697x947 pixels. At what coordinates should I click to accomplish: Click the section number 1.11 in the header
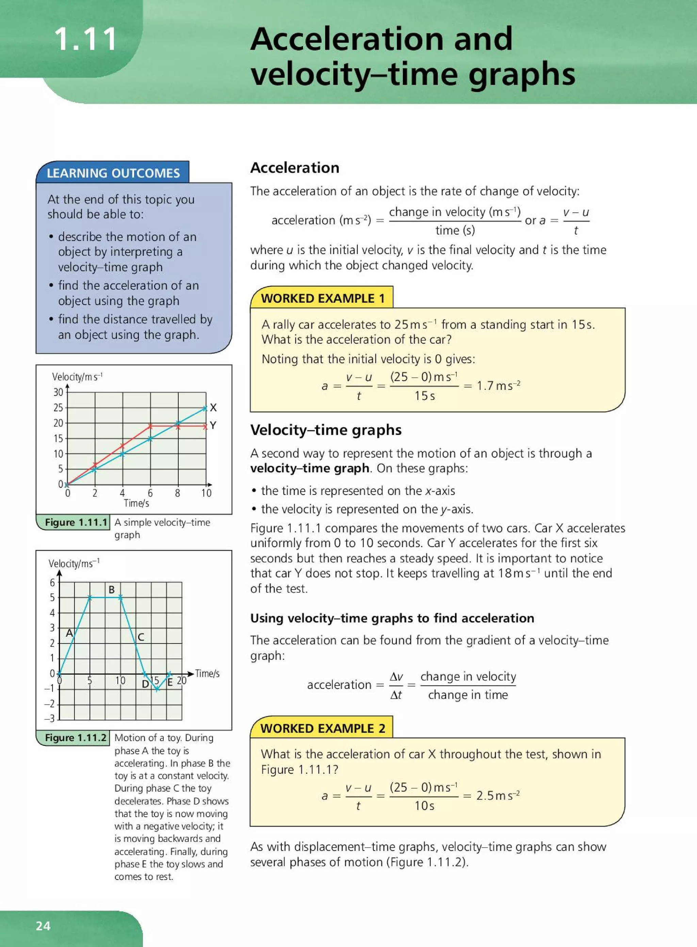(x=86, y=39)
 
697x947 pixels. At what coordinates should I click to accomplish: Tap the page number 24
(x=43, y=926)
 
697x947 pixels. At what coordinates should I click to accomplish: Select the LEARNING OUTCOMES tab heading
(x=113, y=173)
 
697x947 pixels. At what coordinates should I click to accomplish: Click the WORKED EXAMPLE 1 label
(x=322, y=299)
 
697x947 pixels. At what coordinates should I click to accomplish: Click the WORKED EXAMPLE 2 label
(x=322, y=728)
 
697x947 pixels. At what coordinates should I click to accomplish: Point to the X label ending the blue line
(x=213, y=408)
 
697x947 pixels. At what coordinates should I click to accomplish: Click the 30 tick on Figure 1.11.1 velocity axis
(x=58, y=392)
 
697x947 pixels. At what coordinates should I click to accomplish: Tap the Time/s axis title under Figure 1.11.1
(x=136, y=503)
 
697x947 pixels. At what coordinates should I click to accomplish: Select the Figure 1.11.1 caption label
(x=76, y=522)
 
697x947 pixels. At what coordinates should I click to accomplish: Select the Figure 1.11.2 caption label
(x=76, y=737)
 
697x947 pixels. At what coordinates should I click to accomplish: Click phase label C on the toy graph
(x=141, y=637)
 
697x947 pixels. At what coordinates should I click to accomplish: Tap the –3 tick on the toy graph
(x=50, y=718)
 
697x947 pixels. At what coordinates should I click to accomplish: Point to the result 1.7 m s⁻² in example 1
(x=498, y=385)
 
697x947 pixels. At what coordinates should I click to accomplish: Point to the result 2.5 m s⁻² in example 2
(x=498, y=796)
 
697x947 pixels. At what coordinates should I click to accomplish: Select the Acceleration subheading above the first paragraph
(x=294, y=167)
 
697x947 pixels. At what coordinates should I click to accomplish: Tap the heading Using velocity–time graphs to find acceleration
(x=392, y=618)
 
